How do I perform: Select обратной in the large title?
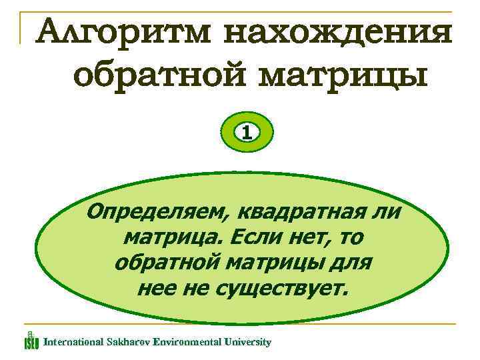click(x=159, y=76)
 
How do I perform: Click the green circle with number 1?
click(x=247, y=132)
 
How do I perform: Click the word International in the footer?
click(x=72, y=342)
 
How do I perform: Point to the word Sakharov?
click(x=127, y=342)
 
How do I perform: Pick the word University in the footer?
click(x=248, y=342)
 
